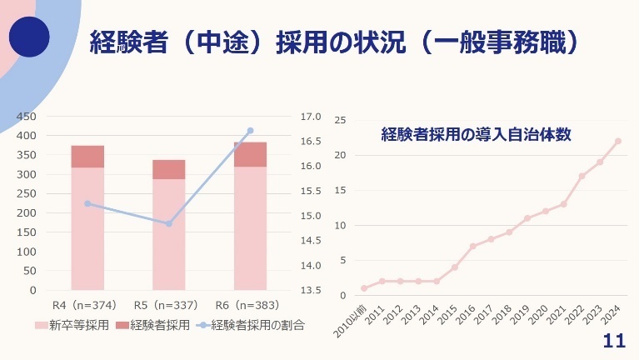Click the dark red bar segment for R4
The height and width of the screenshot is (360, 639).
point(87,157)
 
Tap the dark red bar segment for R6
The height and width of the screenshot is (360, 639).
point(250,154)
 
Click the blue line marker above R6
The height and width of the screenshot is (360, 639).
point(250,131)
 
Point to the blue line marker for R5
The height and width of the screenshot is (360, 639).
point(168,223)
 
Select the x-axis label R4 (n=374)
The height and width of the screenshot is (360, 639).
point(84,304)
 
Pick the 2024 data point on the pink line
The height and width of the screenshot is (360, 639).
point(618,141)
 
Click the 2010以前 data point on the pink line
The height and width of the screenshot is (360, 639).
point(364,288)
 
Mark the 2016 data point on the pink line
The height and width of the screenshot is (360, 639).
point(472,246)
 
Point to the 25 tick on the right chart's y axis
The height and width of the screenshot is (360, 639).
point(340,120)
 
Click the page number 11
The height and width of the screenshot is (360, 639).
point(613,342)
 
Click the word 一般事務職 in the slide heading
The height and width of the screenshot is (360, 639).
point(499,39)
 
